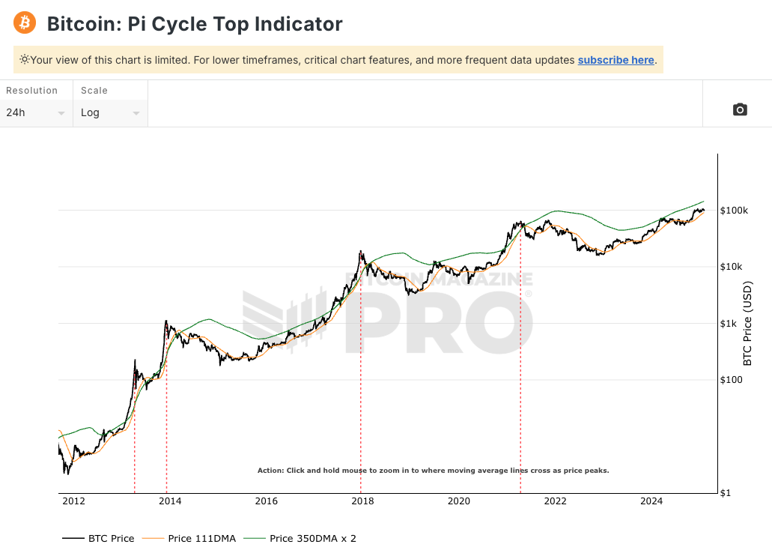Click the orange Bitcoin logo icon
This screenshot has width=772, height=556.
(x=25, y=22)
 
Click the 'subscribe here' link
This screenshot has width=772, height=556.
(x=616, y=60)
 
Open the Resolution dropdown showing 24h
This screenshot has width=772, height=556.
(x=36, y=112)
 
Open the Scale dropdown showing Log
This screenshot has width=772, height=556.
(x=110, y=112)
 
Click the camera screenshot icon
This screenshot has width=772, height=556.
(x=740, y=109)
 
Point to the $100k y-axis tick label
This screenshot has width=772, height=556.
(x=734, y=211)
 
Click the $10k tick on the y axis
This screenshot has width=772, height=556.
(x=732, y=268)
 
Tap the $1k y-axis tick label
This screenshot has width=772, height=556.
(x=729, y=324)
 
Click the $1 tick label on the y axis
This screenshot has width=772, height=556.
(x=726, y=493)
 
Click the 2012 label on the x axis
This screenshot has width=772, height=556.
(x=73, y=501)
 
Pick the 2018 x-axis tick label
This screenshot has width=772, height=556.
(x=362, y=501)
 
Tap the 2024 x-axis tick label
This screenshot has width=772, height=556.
(x=651, y=501)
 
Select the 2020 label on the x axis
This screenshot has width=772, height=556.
(x=459, y=501)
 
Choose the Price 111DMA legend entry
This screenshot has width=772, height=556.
(x=195, y=538)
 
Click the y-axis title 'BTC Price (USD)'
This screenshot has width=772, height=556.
(x=747, y=324)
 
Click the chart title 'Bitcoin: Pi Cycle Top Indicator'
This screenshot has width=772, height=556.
(x=195, y=24)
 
